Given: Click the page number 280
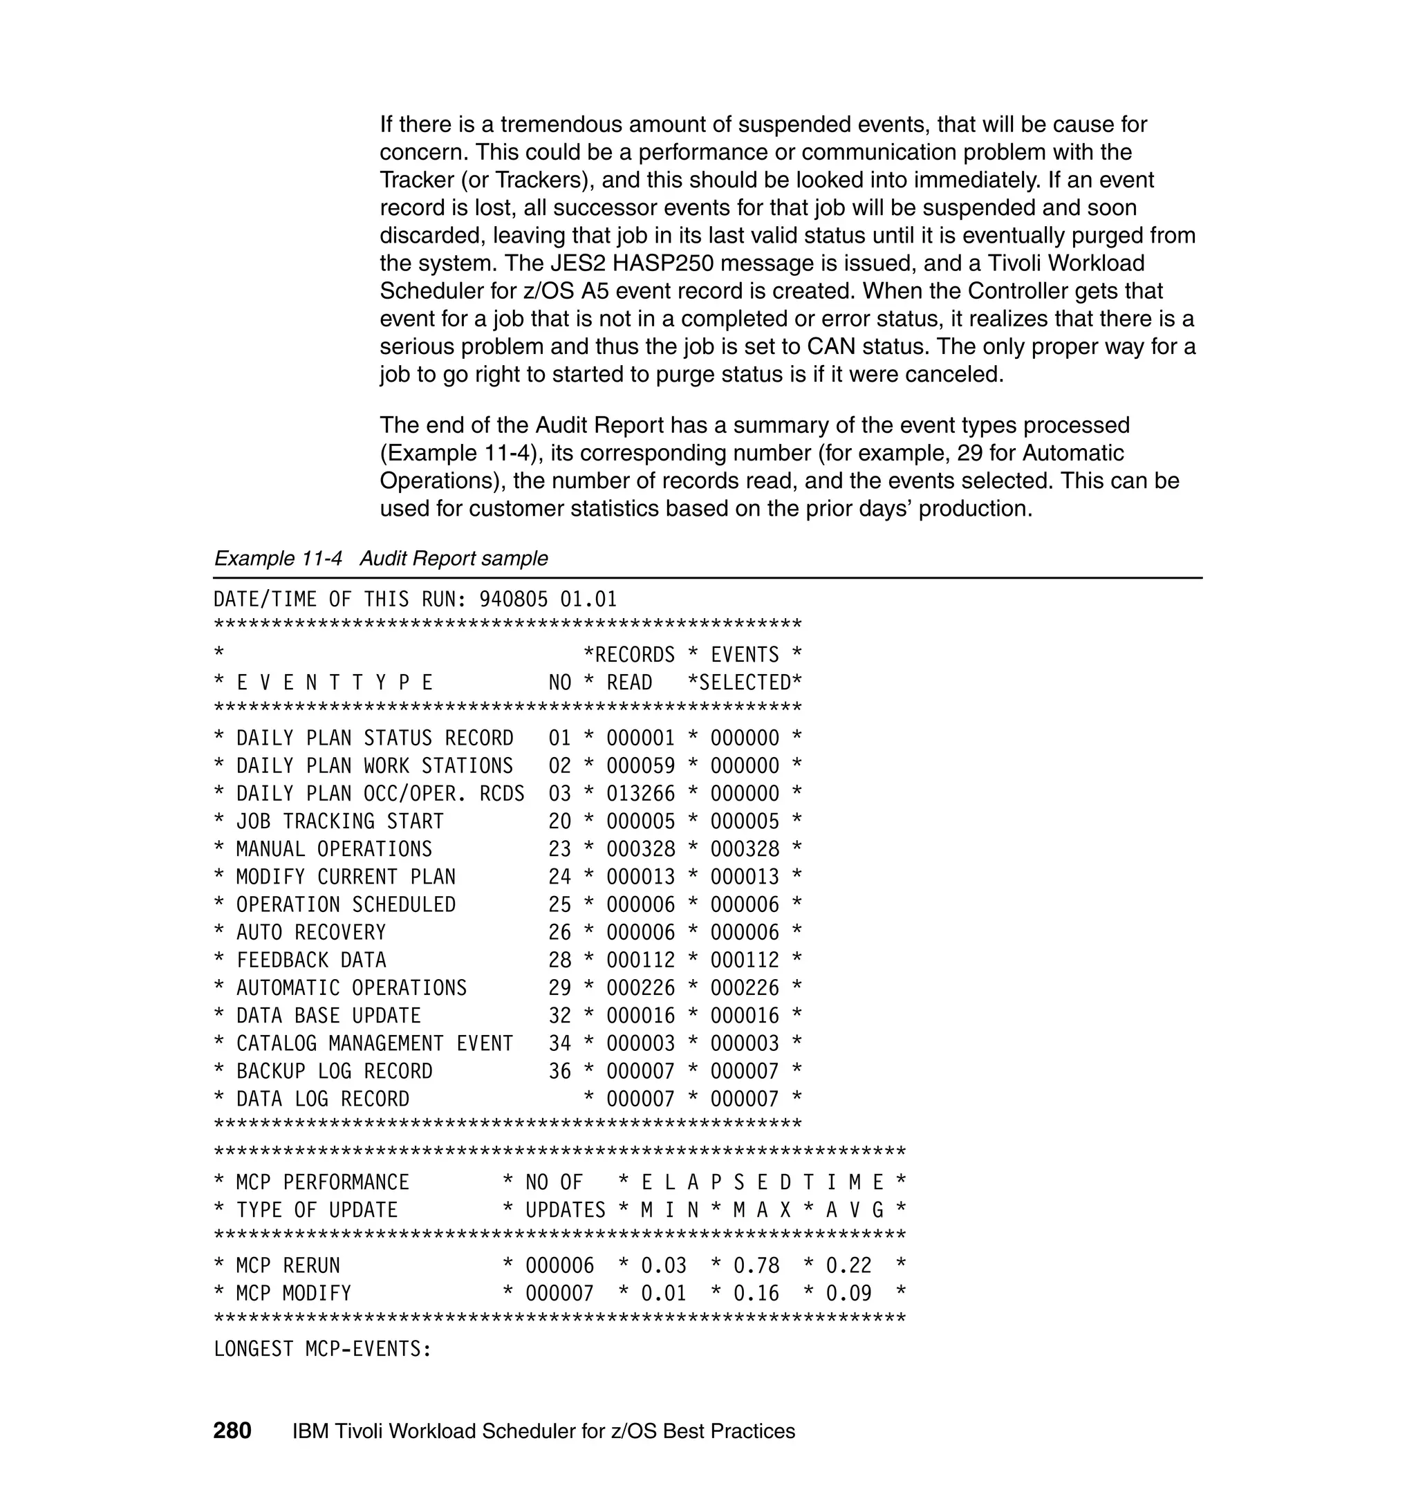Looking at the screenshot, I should pyautogui.click(x=232, y=1431).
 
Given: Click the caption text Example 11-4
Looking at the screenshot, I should pyautogui.click(x=278, y=559).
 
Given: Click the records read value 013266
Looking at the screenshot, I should pyautogui.click(x=640, y=794).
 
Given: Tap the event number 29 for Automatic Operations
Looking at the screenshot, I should pyautogui.click(x=559, y=988).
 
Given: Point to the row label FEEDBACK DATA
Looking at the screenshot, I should pyautogui.click(x=311, y=961).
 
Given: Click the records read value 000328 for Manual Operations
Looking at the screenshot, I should pyautogui.click(x=640, y=850).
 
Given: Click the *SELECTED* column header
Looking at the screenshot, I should pyautogui.click(x=744, y=683).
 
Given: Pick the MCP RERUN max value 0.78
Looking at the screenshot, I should pyautogui.click(x=756, y=1266).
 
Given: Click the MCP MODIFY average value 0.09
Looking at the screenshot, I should pyautogui.click(x=848, y=1294).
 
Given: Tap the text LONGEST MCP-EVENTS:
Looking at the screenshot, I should pyautogui.click(x=322, y=1349).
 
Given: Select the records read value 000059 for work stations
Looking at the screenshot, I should pyautogui.click(x=640, y=766).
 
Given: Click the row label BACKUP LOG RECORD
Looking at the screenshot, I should pyautogui.click(x=335, y=1072).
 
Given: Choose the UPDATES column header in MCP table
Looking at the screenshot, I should pyautogui.click(x=565, y=1211).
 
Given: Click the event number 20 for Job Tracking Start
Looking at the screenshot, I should pyautogui.click(x=559, y=822).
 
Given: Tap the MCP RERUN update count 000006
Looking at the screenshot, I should pyautogui.click(x=559, y=1266).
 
